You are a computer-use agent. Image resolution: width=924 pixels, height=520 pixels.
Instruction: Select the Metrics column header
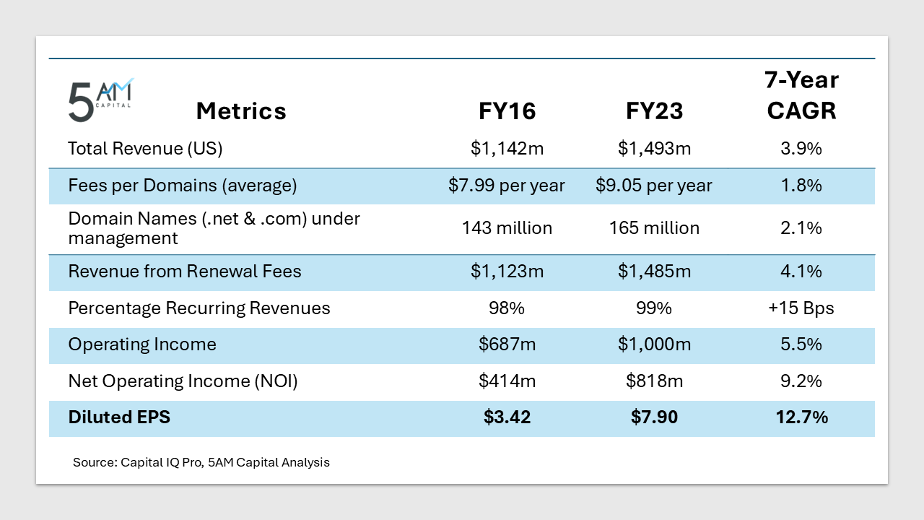tap(241, 111)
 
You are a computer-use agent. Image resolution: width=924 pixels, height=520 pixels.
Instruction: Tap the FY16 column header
tap(507, 111)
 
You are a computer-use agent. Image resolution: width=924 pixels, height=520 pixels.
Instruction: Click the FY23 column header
tap(654, 111)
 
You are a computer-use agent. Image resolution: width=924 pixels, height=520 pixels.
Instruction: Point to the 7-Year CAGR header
tap(801, 95)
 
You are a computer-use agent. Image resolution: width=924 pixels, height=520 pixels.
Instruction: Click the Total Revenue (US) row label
tap(145, 149)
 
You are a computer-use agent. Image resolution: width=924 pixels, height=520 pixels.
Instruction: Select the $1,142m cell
tap(507, 149)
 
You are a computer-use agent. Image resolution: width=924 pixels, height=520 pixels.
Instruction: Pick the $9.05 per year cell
tap(654, 186)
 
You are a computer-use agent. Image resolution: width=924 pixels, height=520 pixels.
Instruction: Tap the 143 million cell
tap(507, 228)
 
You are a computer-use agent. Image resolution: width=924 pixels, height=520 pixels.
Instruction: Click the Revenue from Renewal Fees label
tap(185, 272)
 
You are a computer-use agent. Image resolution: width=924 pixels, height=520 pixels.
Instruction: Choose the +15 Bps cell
tap(801, 308)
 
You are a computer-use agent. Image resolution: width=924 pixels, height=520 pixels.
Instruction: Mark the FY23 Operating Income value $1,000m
tap(654, 344)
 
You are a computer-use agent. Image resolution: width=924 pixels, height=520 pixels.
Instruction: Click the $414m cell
tap(507, 381)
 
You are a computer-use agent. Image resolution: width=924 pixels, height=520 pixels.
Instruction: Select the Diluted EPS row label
tap(119, 417)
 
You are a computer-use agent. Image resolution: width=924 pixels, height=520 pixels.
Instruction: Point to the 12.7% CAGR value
tap(801, 417)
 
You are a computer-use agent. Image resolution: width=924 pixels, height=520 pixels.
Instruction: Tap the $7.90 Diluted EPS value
tap(654, 417)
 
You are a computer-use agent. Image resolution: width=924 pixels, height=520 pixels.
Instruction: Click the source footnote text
tap(201, 462)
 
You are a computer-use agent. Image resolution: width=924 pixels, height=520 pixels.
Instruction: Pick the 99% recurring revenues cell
tap(654, 308)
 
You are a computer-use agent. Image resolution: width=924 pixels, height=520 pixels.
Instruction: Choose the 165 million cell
tap(654, 228)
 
